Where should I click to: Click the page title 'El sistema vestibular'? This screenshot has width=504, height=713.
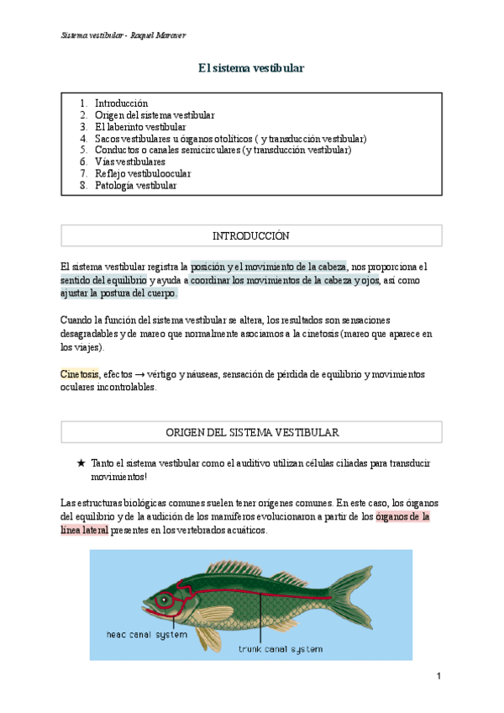click(x=251, y=67)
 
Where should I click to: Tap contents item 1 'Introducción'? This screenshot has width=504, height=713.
click(x=121, y=103)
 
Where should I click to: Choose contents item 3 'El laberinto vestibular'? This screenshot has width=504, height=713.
click(x=140, y=126)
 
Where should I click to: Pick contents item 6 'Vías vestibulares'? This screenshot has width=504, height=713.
click(x=129, y=161)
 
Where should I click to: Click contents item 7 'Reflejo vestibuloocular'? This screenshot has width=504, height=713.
click(x=143, y=173)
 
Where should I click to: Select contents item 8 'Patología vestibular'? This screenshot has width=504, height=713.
click(x=135, y=185)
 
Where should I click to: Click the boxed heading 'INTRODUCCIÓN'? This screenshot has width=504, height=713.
click(x=251, y=235)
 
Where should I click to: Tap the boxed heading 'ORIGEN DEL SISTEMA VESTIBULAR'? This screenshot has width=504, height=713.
click(x=251, y=432)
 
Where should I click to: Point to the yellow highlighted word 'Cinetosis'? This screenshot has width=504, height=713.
click(x=79, y=373)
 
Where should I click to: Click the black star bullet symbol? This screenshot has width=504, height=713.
click(x=81, y=463)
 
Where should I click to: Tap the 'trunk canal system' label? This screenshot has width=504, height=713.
click(x=280, y=649)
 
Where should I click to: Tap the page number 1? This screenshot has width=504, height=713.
click(x=438, y=676)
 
